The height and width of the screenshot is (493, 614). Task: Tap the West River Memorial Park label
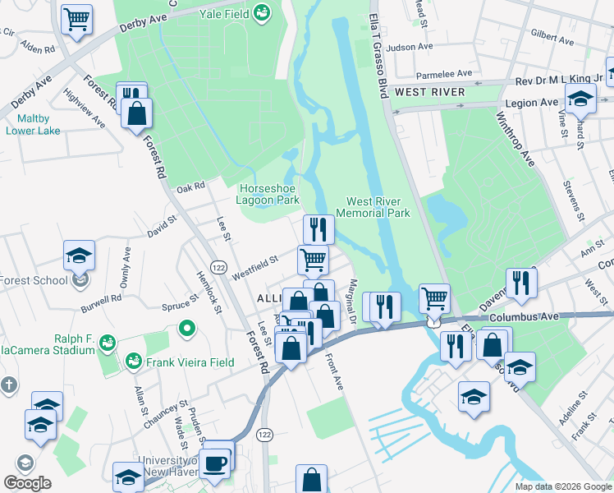point(378,207)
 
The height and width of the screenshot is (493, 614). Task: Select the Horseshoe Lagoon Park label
point(267,193)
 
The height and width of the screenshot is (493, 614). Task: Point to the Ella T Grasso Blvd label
point(378,49)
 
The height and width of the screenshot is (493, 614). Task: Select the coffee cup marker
point(216,463)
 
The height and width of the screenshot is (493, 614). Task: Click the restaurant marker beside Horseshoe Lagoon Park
point(316,228)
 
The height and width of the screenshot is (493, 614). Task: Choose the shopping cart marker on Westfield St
point(313,260)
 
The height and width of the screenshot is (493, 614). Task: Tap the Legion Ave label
point(525,103)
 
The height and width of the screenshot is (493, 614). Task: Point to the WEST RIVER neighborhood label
point(429,92)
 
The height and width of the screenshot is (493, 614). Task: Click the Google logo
point(27,483)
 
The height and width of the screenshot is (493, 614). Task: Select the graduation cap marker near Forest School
point(80,255)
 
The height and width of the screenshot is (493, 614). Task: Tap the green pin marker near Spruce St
point(187,330)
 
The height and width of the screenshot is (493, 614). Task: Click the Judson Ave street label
point(410,48)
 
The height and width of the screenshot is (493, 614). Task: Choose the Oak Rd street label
point(190,187)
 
